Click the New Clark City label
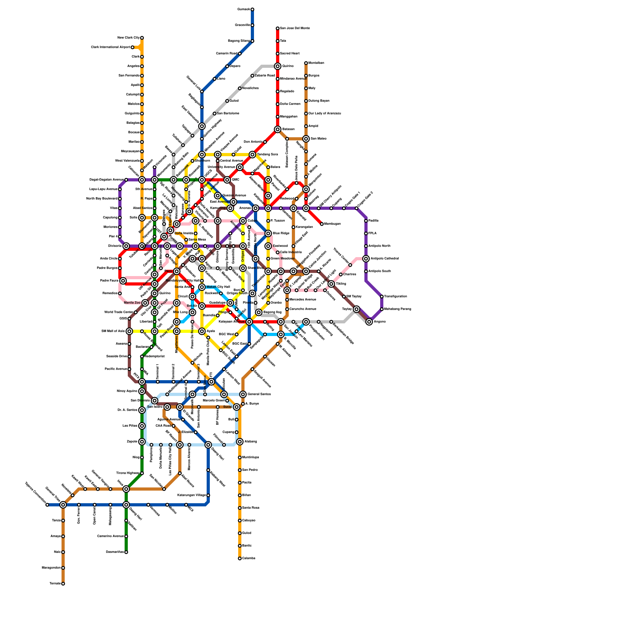pos(128,38)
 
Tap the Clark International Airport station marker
pos(133,47)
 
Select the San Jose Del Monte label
pos(295,28)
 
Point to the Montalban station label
pos(316,63)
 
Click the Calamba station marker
pos(240,558)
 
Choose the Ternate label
pos(55,584)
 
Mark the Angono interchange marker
pos(369,322)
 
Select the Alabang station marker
pos(240,442)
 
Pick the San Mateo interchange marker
pos(306,139)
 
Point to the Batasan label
pos(288,129)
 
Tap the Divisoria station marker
pos(126,246)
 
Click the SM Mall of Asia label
pos(113,331)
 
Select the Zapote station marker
pos(142,442)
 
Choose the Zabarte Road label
pos(265,76)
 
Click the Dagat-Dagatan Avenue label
pos(106,180)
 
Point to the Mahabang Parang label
pos(398,309)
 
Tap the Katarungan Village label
pos(191,495)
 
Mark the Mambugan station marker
pos(322,224)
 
